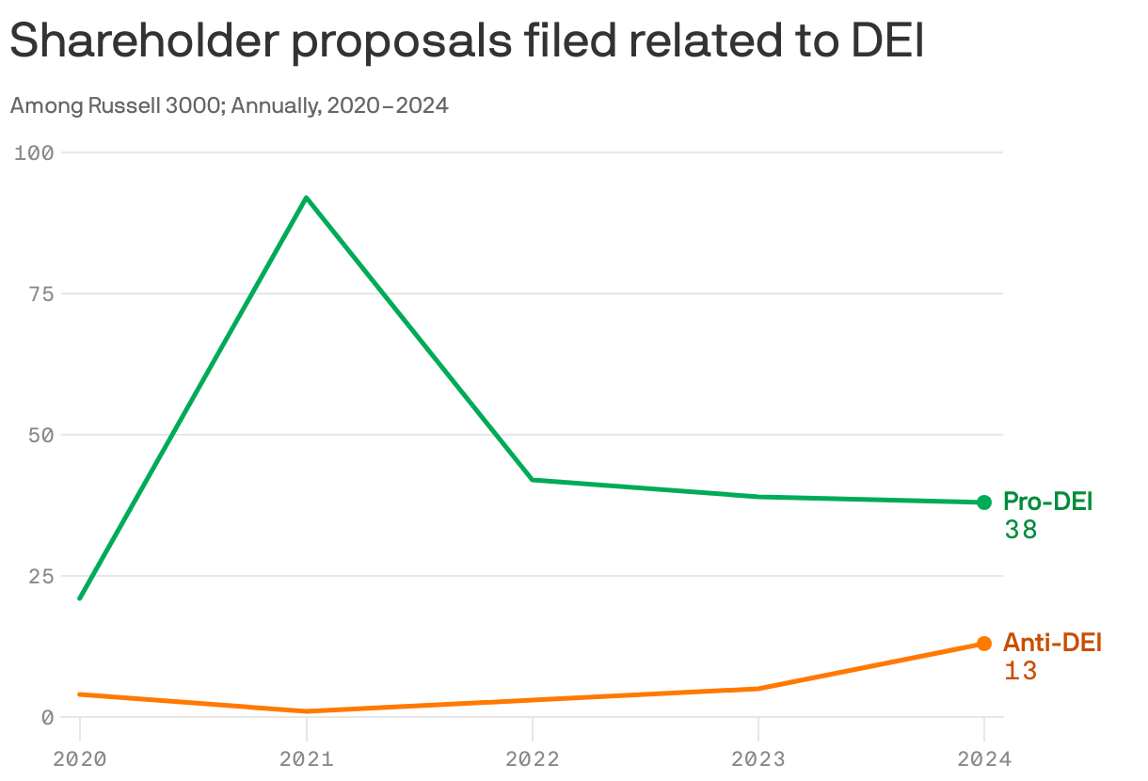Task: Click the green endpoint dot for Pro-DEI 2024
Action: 984,502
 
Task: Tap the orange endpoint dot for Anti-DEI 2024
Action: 984,644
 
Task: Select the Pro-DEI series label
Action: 1047,502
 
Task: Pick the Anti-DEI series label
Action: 1052,643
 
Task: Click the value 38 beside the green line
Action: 1020,531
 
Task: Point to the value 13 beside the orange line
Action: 1020,672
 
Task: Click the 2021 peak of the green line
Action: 306,198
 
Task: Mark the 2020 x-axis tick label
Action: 80,759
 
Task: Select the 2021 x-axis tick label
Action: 306,759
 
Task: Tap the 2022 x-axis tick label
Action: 533,759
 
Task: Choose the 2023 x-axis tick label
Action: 758,759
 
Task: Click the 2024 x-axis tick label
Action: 984,759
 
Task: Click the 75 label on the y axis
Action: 42,294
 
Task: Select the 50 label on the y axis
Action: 42,435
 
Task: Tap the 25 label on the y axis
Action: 42,576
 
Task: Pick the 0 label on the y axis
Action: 48,717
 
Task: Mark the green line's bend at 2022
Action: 533,480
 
